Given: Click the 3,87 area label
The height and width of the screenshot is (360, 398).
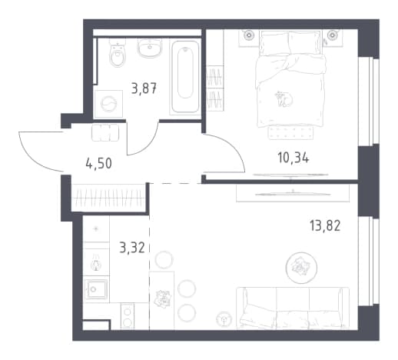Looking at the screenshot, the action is (144, 88).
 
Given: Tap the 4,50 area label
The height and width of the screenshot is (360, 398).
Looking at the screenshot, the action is (99, 163).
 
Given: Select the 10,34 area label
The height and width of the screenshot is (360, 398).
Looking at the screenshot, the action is (294, 158).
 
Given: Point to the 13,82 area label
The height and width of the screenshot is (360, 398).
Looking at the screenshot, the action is (325, 226).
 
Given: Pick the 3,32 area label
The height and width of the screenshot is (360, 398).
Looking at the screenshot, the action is (132, 248).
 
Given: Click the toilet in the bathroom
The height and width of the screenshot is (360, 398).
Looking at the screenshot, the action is (118, 53).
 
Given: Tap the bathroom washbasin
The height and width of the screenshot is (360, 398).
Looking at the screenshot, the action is (150, 48).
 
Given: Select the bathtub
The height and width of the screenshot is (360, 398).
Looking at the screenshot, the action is (185, 77).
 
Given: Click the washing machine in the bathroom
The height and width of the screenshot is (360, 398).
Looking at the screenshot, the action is (108, 104).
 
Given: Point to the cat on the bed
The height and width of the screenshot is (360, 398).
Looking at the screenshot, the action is (284, 98).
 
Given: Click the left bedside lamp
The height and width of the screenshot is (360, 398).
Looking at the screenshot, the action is (248, 35).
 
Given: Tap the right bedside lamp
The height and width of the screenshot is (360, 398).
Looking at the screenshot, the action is (332, 35).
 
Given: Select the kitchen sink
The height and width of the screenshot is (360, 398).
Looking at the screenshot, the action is (97, 289).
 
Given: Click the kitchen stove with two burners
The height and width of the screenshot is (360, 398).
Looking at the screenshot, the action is (128, 316).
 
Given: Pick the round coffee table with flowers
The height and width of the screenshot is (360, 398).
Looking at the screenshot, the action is (301, 268).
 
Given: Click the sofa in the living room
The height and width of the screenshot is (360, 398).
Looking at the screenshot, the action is (293, 308).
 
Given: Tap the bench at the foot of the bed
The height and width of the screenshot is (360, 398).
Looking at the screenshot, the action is (290, 133).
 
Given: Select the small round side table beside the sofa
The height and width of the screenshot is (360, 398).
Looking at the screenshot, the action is (224, 319).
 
